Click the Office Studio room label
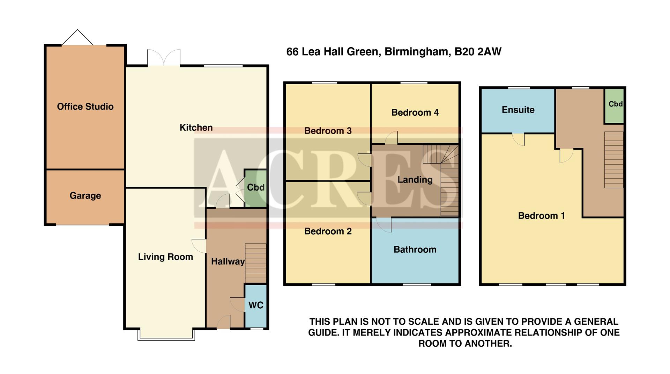coord(85,107)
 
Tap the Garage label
coord(85,196)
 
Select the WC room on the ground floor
coord(256,305)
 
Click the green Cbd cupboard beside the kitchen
coord(255,188)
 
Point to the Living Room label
coord(165,257)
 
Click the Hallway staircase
coord(256,263)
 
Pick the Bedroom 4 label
coord(415,113)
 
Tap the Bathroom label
coord(415,250)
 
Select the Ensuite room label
coord(518,110)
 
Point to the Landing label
coord(415,180)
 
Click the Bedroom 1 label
coord(541,216)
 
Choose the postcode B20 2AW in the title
coord(478,52)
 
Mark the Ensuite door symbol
coord(519,139)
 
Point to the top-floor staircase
coord(614,159)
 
